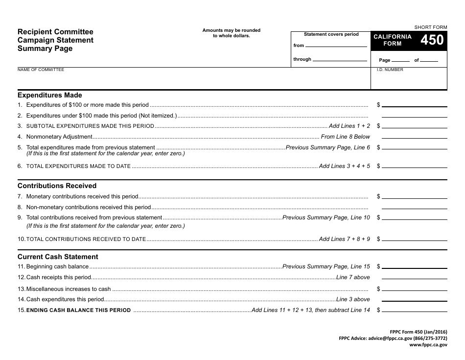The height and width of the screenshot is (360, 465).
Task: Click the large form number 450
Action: pyautogui.click(x=432, y=40)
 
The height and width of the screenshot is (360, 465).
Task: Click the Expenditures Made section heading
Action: pyautogui.click(x=50, y=96)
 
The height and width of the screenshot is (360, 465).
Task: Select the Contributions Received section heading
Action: pyautogui.click(x=57, y=186)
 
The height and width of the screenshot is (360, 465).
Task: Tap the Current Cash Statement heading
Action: pyautogui.click(x=58, y=257)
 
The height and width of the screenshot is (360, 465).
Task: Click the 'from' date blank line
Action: pyautogui.click(x=336, y=46)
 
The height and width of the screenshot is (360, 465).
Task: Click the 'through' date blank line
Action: pyautogui.click(x=340, y=60)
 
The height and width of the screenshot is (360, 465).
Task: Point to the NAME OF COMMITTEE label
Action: pyautogui.click(x=41, y=70)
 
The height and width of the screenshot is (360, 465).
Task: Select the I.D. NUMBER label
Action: pyautogui.click(x=390, y=70)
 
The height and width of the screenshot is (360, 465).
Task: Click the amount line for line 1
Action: pyautogui.click(x=414, y=106)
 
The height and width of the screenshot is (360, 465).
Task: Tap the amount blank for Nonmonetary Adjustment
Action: pyautogui.click(x=414, y=138)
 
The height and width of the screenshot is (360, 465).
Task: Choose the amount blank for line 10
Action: pyautogui.click(x=414, y=240)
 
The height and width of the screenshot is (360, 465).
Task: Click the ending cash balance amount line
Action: pyautogui.click(x=414, y=311)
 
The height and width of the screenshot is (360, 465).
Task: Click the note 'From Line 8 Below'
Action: pyautogui.click(x=345, y=137)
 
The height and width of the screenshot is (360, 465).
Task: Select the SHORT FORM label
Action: pyautogui.click(x=431, y=27)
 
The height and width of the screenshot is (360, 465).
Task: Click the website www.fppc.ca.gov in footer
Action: pyautogui.click(x=428, y=345)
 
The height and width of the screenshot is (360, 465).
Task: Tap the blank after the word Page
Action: pyautogui.click(x=400, y=61)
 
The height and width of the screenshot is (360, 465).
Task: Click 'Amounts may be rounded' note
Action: pyautogui.click(x=232, y=30)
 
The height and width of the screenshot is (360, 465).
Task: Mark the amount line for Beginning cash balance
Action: pyautogui.click(x=414, y=267)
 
